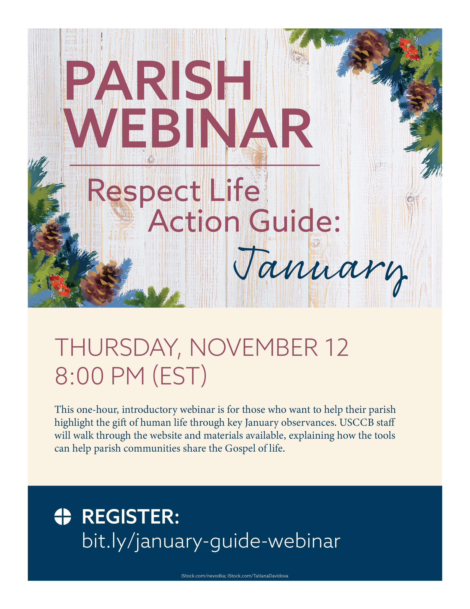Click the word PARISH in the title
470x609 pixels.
(158, 80)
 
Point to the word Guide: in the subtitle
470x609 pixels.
(295, 221)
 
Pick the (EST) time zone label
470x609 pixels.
(180, 376)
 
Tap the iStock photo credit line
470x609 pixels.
(235, 576)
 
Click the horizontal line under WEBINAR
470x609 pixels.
(194, 165)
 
